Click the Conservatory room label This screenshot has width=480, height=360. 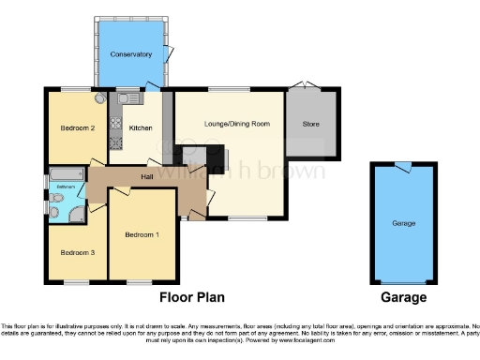(130, 55)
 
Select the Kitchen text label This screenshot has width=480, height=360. (141, 127)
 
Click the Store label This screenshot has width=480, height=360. (312, 124)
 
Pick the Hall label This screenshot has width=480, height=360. (147, 176)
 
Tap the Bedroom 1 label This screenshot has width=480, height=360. (143, 234)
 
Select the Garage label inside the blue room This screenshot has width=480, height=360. (403, 224)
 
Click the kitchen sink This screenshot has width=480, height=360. (128, 97)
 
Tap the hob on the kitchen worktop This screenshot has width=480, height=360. (116, 142)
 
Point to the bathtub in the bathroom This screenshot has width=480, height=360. (66, 174)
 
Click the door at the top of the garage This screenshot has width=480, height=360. (402, 167)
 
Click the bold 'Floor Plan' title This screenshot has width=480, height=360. (191, 297)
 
